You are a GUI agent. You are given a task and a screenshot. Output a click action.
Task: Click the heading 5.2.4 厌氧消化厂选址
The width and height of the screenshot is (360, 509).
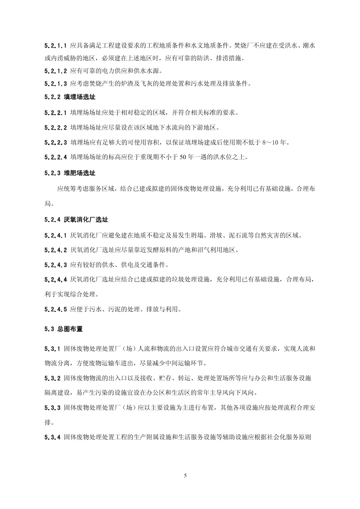(76, 220)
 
